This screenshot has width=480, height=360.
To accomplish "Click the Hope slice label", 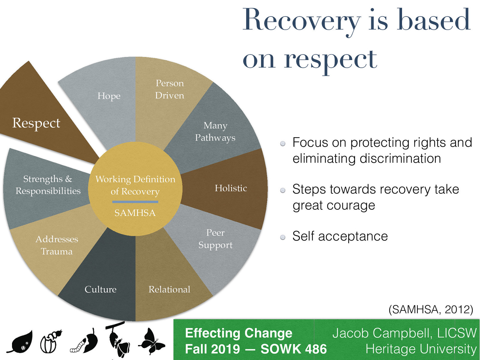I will (109, 96).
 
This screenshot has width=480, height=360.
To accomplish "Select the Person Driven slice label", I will (169, 89).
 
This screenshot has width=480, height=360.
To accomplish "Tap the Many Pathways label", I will (215, 131).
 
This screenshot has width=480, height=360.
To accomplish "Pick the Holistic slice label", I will (231, 188).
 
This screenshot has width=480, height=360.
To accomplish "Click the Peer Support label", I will (215, 239).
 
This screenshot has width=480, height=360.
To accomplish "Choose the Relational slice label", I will (169, 289).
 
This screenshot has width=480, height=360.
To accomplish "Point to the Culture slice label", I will (100, 289).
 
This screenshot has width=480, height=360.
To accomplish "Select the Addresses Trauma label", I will (57, 245).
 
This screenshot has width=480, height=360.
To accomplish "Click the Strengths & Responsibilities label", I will (48, 185).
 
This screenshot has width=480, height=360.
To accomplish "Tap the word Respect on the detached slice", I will (36, 123).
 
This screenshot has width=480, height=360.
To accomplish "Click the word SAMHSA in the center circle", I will (135, 213).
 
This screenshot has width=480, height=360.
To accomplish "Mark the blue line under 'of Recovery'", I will (135, 202).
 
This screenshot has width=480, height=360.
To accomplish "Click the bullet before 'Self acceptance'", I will (283, 238).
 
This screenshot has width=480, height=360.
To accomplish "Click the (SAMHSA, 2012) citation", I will (430, 309).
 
